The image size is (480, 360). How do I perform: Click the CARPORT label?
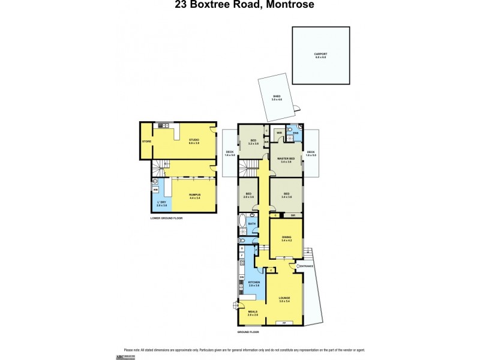(320, 55)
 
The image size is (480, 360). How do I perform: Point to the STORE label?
(146, 142)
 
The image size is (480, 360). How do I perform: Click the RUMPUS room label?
(194, 194)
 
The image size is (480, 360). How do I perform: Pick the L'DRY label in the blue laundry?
(161, 203)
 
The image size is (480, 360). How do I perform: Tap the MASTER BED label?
(284, 158)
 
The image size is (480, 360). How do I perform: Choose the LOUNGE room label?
(284, 298)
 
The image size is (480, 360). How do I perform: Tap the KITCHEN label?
(253, 283)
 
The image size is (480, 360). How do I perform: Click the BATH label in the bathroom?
(251, 224)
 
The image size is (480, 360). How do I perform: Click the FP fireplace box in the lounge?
(284, 323)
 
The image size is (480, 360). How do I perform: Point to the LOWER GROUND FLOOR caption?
(166, 218)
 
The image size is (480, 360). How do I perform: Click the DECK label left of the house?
(229, 152)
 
